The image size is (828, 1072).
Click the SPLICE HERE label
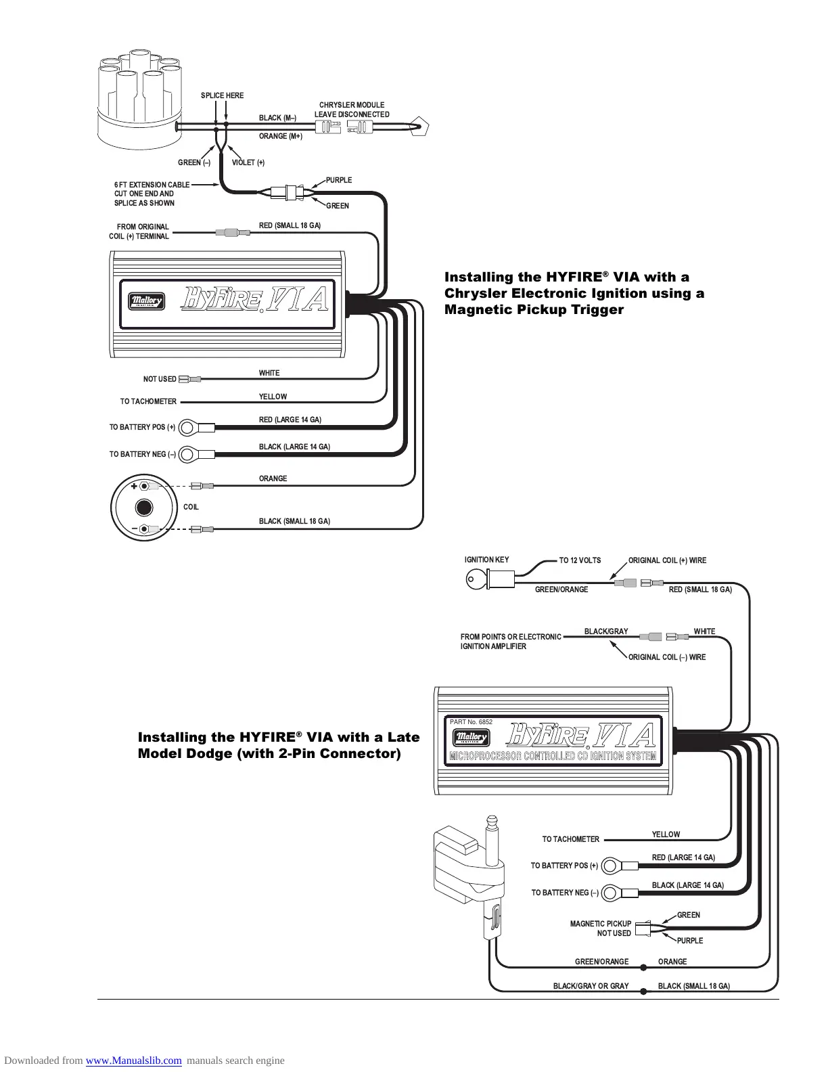222,95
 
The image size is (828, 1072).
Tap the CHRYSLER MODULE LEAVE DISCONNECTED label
352,110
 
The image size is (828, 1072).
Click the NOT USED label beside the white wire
160,379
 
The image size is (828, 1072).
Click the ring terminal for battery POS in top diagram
189,427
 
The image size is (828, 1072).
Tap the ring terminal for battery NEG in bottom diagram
610,893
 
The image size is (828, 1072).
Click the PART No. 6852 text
471,722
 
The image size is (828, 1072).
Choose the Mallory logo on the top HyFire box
147,301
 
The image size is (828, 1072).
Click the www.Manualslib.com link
133,1060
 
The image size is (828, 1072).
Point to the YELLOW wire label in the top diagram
273,397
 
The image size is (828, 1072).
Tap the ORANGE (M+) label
280,136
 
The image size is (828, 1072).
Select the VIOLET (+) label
248,162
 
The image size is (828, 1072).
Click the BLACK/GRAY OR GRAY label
591,986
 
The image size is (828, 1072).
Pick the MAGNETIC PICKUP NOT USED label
601,929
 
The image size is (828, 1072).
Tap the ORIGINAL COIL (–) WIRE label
666,657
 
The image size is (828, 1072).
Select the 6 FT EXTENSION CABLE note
152,194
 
